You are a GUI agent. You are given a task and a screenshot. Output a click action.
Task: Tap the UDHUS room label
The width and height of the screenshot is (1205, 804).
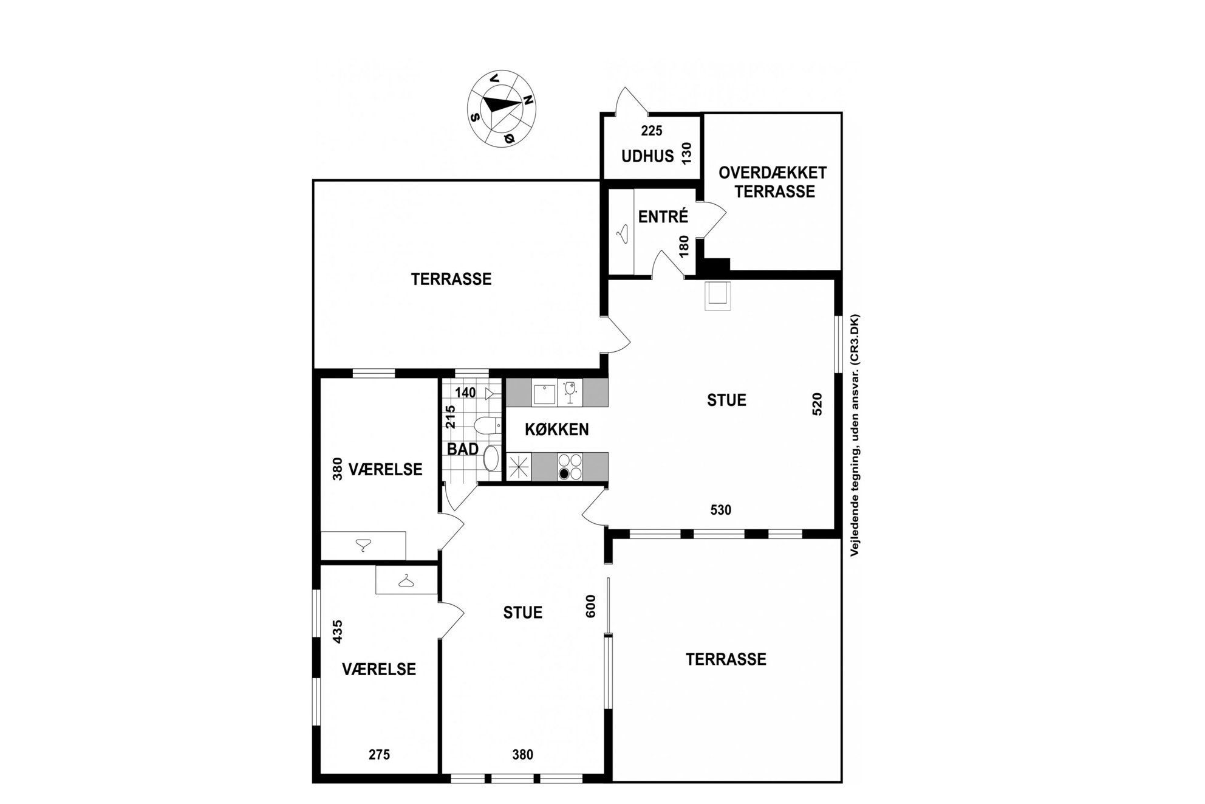pos(647,156)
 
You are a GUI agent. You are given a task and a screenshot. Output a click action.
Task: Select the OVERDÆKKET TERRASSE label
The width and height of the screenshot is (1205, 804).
pos(773,182)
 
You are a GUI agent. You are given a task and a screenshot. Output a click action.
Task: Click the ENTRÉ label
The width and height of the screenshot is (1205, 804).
pos(663,216)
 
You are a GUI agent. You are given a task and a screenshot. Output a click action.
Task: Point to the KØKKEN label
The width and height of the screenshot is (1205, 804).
pos(556,430)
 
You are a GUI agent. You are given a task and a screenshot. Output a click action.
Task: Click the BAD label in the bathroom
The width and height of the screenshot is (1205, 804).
pos(463,449)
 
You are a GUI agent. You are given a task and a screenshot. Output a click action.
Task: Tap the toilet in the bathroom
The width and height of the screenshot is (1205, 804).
pos(487,425)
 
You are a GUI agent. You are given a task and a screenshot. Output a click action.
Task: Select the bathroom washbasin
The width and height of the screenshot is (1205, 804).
pos(492,458)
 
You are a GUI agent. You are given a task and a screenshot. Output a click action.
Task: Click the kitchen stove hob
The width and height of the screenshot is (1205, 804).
pos(570,467)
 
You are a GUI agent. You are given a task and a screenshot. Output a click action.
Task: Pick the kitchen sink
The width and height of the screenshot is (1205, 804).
pos(544,393)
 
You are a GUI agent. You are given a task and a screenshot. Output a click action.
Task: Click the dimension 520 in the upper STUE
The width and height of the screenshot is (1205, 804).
pos(817,404)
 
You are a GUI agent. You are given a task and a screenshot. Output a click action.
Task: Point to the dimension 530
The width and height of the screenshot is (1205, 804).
pos(720,510)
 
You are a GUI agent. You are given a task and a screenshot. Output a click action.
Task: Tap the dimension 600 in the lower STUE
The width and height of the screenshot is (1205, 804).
pos(590,606)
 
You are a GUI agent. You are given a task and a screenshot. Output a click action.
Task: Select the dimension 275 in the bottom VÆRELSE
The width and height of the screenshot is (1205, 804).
pos(379,755)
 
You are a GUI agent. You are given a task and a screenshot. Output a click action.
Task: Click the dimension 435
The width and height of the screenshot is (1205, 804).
pos(338,631)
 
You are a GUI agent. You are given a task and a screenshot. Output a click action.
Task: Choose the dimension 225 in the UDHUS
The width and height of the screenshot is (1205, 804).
pos(652,131)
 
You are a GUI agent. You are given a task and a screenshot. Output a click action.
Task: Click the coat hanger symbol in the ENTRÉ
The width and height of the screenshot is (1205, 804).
pos(623,233)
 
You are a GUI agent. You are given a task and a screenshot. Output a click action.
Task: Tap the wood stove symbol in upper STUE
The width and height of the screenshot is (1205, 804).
pos(717,296)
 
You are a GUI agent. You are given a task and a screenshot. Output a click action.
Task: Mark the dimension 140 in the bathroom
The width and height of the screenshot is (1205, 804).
pos(465,393)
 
